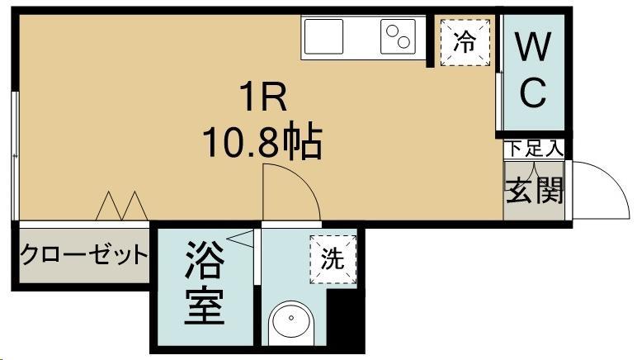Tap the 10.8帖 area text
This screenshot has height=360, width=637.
pos(263,142)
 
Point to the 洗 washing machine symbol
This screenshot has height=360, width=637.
pos(333,259)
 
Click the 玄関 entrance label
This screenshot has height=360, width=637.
pos(534,192)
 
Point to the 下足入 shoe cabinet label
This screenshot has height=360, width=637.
pos(534,149)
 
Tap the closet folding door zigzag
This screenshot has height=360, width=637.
pos(121,206)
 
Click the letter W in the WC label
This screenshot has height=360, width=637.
pos(533,47)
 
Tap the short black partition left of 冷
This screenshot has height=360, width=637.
pos(429,42)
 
